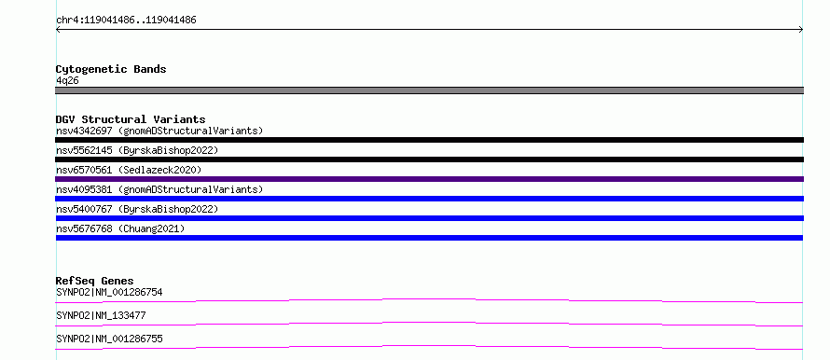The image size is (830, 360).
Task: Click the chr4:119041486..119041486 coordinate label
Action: click(126, 21)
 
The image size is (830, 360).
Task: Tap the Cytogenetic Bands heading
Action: click(111, 69)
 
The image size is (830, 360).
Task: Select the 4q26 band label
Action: click(68, 81)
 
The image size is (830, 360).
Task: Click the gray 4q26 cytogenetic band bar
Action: click(429, 90)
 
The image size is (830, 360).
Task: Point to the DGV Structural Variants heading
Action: click(131, 119)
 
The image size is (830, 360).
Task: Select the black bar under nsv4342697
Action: click(429, 140)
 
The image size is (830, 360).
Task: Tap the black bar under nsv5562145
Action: click(429, 159)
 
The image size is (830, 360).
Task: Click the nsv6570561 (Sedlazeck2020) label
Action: click(129, 170)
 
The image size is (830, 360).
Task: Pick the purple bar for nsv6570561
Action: click(429, 179)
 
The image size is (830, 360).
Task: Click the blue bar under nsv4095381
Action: click(429, 199)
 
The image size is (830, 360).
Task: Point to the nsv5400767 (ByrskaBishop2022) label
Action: click(137, 209)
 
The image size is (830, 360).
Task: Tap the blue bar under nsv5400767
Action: click(429, 218)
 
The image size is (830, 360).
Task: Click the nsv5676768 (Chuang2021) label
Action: click(120, 228)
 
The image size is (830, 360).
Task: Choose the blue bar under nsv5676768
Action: click(429, 238)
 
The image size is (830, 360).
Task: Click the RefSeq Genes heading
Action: click(95, 281)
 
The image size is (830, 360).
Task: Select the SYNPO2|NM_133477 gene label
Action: click(101, 316)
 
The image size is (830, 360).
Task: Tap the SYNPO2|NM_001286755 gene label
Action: click(109, 339)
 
